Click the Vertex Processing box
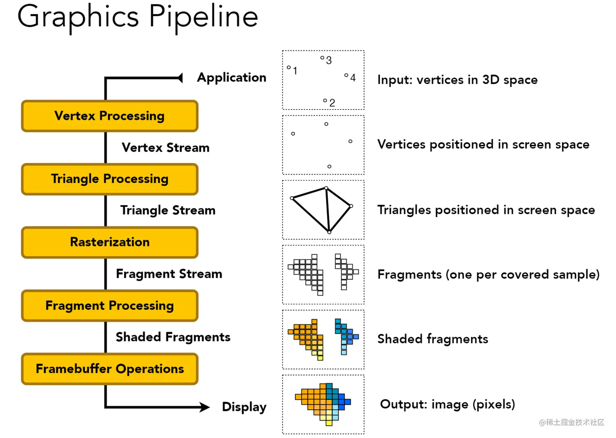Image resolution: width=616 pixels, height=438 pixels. (110, 116)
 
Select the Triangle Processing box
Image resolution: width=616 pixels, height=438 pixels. (110, 179)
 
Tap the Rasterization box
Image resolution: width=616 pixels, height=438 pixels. (110, 242)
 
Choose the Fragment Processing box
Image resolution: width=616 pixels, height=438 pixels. (110, 306)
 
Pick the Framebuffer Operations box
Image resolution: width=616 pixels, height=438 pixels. (110, 369)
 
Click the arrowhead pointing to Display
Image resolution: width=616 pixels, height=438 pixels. (204, 407)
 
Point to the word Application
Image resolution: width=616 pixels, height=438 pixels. (231, 77)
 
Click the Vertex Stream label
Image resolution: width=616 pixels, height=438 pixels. (165, 147)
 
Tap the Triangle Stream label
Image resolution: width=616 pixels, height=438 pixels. (167, 210)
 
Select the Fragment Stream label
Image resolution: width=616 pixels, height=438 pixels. (169, 274)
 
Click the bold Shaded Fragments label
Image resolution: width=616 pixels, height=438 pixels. (173, 337)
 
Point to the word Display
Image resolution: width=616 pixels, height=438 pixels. (244, 407)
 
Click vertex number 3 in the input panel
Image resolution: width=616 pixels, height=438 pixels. (322, 58)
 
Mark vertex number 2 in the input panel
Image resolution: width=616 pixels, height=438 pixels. (325, 101)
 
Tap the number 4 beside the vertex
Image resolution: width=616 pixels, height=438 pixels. (353, 78)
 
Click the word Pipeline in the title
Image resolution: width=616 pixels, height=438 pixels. (203, 17)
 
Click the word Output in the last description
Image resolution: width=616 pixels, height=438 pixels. (403, 404)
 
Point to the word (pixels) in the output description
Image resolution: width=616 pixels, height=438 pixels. (493, 404)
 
